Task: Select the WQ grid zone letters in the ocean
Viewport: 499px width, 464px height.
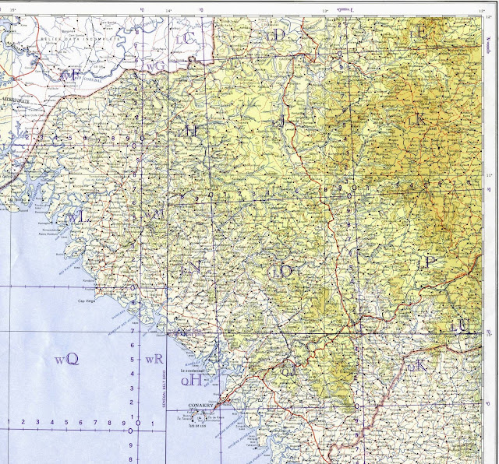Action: click(x=67, y=360)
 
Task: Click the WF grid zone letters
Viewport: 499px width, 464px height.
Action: click(x=72, y=75)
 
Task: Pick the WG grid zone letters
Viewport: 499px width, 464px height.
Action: click(x=157, y=67)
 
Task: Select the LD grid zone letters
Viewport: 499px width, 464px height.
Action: click(x=275, y=35)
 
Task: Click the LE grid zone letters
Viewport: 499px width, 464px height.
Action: click(x=422, y=33)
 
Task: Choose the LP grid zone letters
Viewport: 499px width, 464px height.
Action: click(x=428, y=262)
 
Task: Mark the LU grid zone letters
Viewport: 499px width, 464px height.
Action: click(x=461, y=326)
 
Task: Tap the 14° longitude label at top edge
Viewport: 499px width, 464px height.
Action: click(x=168, y=9)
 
